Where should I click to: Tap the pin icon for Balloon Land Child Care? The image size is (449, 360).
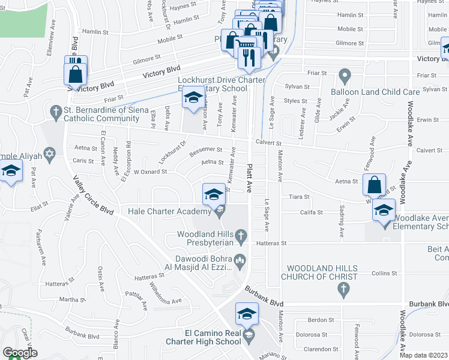point(344,76)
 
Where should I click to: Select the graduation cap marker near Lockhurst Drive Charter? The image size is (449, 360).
point(193,98)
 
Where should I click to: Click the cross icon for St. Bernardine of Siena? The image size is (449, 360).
point(55,111)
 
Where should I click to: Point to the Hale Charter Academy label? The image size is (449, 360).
point(169,211)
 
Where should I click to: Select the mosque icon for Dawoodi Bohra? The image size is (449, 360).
point(241,259)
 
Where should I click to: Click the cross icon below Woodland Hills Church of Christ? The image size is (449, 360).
point(343,290)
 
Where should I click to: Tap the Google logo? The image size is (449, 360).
point(20,353)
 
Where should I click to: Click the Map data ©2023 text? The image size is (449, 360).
point(423,355)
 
